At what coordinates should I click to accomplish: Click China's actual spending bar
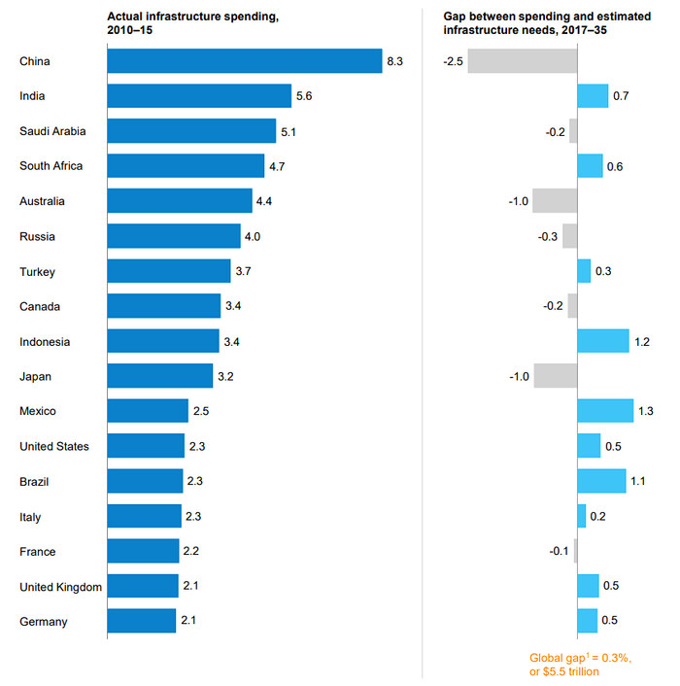pos(244,61)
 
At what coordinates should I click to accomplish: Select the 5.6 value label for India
pos(304,96)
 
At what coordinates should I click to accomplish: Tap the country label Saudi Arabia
pos(52,131)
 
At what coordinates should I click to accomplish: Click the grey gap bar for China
pos(522,61)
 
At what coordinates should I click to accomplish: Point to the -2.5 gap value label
pos(452,61)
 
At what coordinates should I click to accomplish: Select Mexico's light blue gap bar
pos(605,411)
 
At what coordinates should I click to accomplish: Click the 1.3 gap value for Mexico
pos(645,411)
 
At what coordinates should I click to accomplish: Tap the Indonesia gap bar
pos(602,342)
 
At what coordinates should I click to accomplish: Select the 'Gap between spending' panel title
pos(539,23)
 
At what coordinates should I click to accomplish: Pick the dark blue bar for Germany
pos(141,621)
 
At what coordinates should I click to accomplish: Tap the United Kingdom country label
pos(60,586)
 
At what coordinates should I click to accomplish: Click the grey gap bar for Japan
pos(555,376)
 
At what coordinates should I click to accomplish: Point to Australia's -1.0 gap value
pos(517,201)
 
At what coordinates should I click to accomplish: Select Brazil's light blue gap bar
pos(601,481)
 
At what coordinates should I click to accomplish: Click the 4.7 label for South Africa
pos(277,166)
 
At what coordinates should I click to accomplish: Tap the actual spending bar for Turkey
pos(168,271)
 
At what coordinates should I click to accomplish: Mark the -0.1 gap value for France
pos(559,551)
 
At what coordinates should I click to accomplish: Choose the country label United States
pos(54,446)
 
